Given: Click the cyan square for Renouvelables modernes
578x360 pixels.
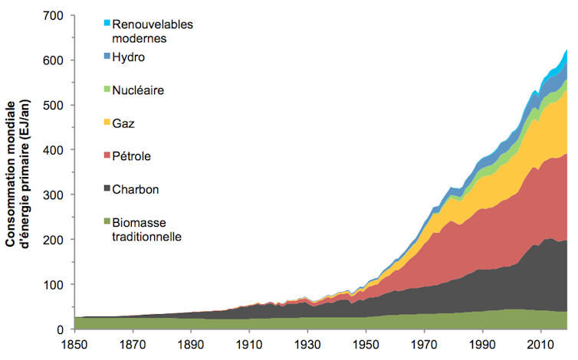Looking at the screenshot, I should point(107,23).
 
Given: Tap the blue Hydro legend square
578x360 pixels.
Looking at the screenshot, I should point(107,57).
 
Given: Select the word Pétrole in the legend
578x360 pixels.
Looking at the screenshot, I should point(132,156).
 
